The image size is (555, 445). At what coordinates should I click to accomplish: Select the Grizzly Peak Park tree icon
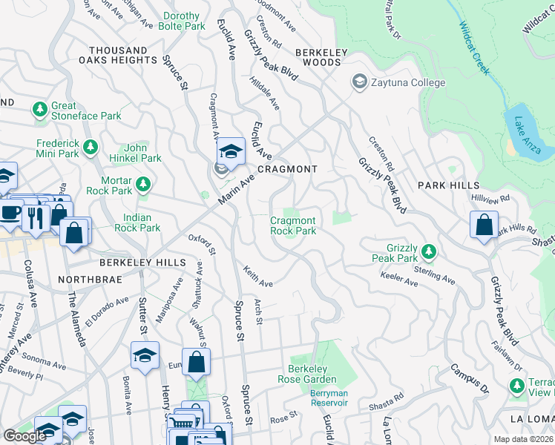point(428,251)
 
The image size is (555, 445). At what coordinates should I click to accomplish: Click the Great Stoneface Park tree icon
point(39,110)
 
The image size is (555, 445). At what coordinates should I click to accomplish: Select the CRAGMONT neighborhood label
point(287,169)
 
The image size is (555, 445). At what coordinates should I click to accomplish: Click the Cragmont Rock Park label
point(292,225)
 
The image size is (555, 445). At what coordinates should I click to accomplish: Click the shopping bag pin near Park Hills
point(484,225)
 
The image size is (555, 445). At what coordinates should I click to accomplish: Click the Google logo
point(24,436)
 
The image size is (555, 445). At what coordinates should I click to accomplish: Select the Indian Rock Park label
point(137,222)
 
